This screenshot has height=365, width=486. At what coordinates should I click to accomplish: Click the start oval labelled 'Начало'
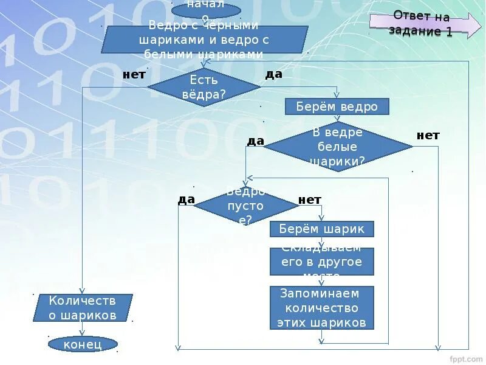coord(206,9)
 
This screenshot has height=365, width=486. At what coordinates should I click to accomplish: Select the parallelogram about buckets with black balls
coord(205,40)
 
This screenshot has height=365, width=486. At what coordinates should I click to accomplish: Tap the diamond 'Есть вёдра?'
coord(204,87)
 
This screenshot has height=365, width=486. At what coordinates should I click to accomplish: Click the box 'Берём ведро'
coord(337,107)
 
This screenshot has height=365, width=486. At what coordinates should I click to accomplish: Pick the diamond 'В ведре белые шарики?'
coord(338,147)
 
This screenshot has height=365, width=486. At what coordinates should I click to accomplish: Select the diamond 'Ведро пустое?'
coord(246,206)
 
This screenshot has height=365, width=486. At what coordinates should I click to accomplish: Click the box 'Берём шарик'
coord(321,229)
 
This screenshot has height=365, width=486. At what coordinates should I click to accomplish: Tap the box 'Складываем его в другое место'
coord(321,262)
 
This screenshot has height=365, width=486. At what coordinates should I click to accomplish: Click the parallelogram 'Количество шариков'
coord(83,308)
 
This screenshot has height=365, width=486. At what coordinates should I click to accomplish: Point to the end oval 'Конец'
coord(83,344)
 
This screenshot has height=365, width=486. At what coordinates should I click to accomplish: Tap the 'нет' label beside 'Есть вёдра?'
coord(134,75)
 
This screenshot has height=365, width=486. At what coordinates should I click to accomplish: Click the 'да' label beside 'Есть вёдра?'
coord(274,74)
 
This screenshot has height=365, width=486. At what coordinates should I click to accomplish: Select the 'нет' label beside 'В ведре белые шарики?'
coord(428,135)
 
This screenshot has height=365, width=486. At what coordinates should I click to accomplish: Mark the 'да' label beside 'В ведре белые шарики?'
coord(255,141)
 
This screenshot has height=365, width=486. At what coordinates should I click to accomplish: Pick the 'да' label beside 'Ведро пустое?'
coord(186,200)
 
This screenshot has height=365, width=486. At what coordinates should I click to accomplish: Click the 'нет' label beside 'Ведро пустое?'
coord(310,200)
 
